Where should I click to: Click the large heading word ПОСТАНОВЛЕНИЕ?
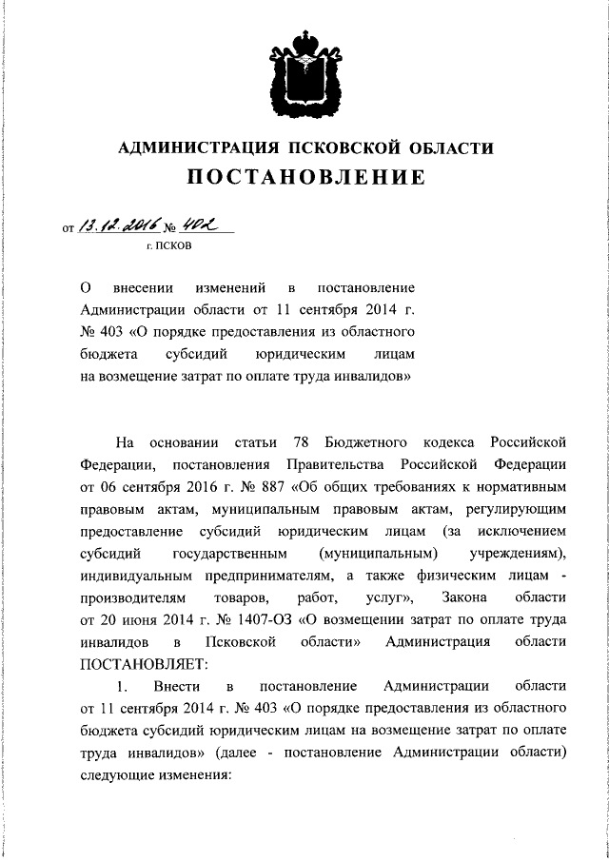[x=304, y=178]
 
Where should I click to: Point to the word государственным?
[x=230, y=553]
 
